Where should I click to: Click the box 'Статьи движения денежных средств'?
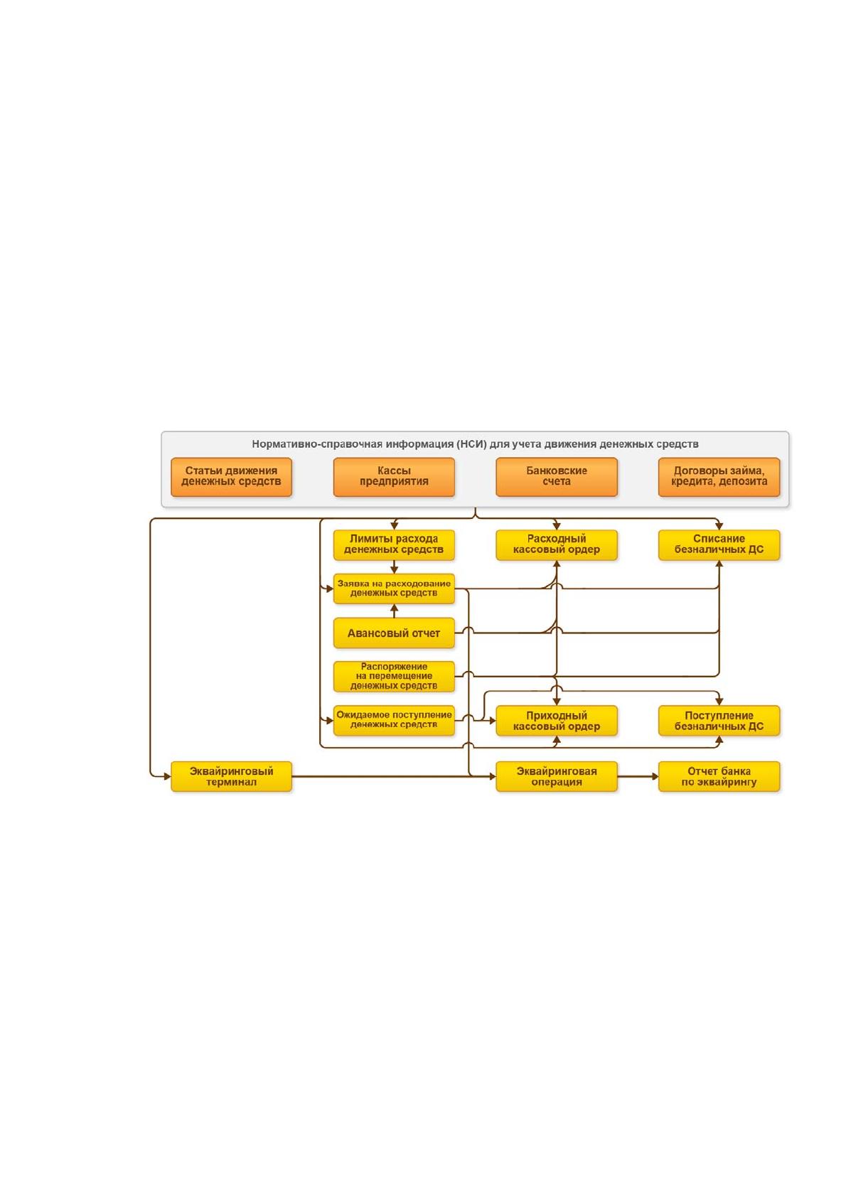[x=231, y=477]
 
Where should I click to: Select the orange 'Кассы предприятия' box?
[x=394, y=477]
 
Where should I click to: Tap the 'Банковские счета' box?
[x=557, y=477]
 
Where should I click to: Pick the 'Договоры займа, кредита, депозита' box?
[x=719, y=477]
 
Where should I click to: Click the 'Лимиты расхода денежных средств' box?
[x=394, y=545]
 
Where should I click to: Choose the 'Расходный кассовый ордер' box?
[x=557, y=545]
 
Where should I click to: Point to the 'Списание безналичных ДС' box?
[x=719, y=545]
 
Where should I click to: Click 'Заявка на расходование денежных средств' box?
[x=394, y=589]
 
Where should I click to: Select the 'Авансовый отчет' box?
[x=394, y=633]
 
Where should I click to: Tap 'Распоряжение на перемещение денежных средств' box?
[x=394, y=677]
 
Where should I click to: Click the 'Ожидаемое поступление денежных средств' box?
[x=394, y=720]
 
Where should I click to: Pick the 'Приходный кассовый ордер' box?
[x=557, y=720]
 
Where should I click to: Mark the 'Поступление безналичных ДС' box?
[x=719, y=720]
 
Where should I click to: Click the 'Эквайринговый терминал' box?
[x=231, y=776]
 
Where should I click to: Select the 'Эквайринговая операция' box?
[x=557, y=776]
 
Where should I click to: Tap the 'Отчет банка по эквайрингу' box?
[x=719, y=776]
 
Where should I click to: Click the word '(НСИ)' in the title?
[x=472, y=444]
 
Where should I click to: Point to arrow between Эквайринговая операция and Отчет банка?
[x=638, y=776]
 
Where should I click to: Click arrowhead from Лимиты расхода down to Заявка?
[x=395, y=570]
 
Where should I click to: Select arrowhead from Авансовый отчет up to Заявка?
[x=395, y=608]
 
